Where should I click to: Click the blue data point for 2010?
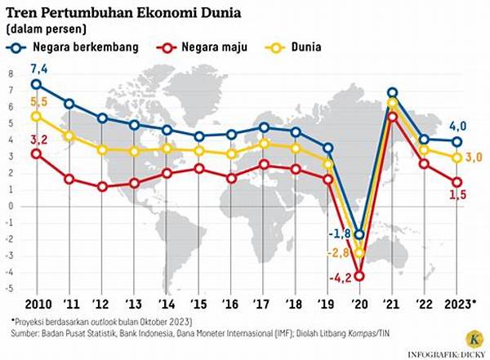(35, 84)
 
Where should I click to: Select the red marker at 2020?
(359, 276)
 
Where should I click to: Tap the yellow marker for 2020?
(359, 253)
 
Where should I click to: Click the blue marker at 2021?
(393, 93)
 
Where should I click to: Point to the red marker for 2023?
(457, 182)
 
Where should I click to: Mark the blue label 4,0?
(458, 125)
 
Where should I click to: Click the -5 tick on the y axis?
(10, 289)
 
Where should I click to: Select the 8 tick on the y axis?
(11, 73)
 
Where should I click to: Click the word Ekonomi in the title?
(163, 11)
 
